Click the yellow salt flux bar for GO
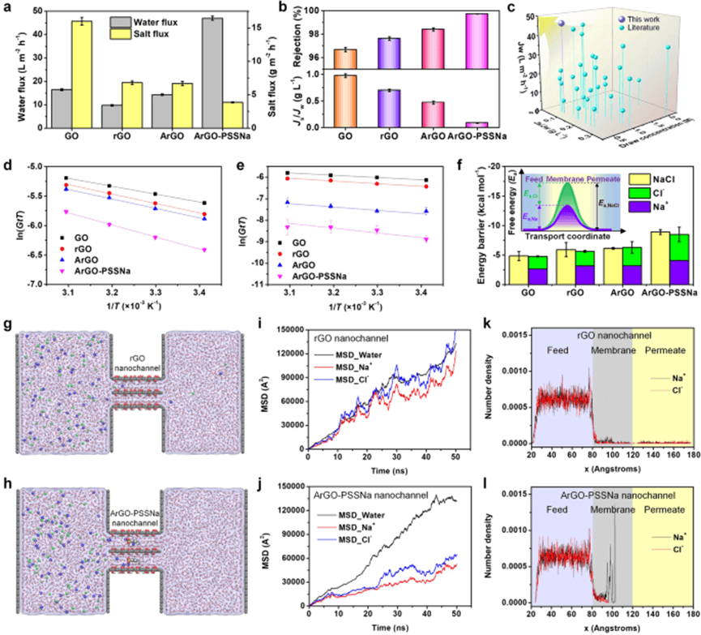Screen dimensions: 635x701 (80, 74)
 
